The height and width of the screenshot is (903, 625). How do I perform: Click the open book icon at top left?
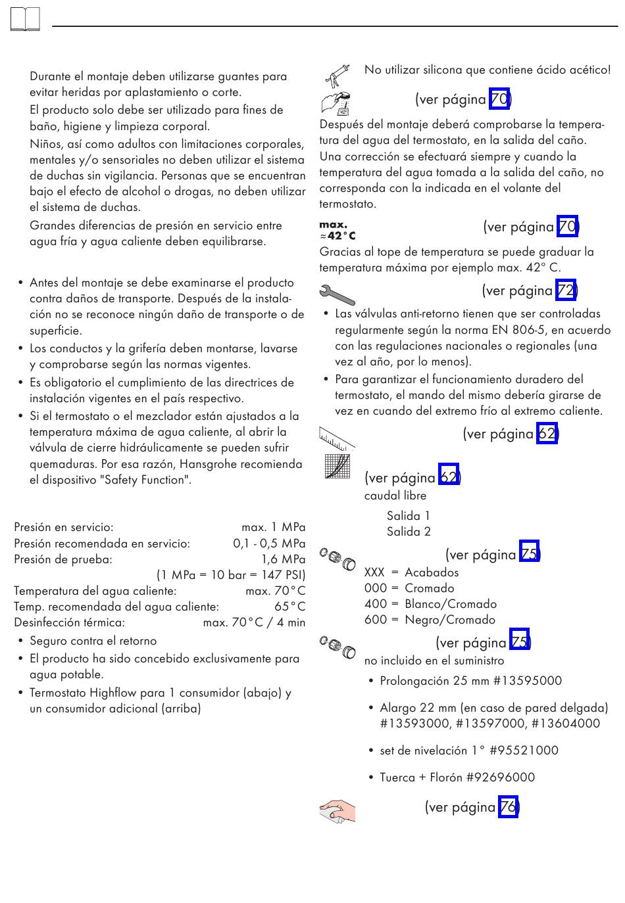[25, 20]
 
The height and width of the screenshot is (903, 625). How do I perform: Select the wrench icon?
[336, 294]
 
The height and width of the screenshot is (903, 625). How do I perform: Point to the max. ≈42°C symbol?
[337, 231]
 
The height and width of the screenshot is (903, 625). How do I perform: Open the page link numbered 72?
[566, 290]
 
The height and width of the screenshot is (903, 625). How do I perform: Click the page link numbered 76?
[508, 807]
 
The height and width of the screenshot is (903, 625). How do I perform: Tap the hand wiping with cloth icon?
[337, 811]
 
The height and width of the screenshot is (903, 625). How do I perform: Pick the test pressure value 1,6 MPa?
[284, 559]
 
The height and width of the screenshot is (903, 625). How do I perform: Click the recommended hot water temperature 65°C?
[290, 607]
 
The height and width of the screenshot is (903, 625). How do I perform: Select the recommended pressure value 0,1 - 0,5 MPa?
[269, 544]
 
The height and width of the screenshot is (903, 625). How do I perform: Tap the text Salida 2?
[409, 532]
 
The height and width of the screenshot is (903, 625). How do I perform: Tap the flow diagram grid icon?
[337, 467]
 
